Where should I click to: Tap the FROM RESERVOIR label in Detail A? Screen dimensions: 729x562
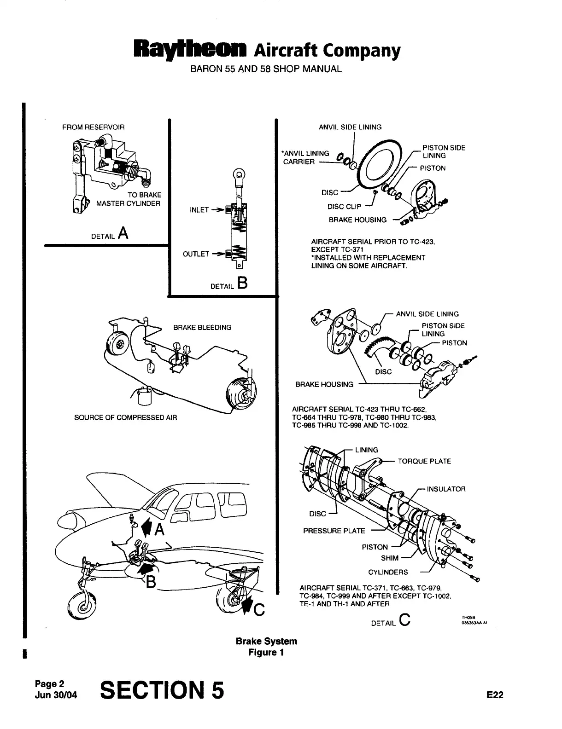click(x=93, y=127)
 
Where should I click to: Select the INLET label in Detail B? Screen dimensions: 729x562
click(x=199, y=210)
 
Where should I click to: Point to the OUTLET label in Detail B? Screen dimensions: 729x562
click(x=196, y=254)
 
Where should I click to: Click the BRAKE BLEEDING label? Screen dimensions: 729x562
click(x=202, y=328)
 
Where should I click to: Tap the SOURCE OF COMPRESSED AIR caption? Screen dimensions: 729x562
click(x=125, y=418)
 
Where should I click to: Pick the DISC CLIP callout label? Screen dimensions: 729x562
click(x=344, y=206)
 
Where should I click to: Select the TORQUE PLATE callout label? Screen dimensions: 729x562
click(x=424, y=461)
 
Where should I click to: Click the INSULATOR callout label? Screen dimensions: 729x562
click(x=446, y=489)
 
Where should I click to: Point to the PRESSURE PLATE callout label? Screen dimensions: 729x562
click(x=334, y=531)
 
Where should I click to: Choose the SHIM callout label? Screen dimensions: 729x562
click(x=389, y=558)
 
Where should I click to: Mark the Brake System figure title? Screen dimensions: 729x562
click(x=266, y=641)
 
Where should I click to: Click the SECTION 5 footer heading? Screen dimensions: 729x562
click(x=162, y=690)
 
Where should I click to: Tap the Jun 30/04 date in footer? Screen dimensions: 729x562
click(x=56, y=695)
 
